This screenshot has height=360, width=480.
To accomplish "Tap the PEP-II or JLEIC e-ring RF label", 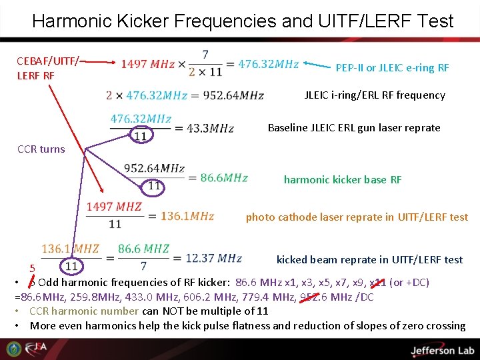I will click(392, 68).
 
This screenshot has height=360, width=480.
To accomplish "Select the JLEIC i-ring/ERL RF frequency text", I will click(375, 95).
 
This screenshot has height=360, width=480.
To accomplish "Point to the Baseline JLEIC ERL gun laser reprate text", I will click(354, 127).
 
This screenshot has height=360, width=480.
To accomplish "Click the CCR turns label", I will click(41, 149).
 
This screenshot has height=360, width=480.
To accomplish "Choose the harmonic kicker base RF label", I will click(343, 179).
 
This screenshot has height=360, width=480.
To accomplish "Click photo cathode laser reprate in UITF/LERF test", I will click(357, 217).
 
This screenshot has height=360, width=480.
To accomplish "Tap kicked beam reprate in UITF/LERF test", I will click(369, 259).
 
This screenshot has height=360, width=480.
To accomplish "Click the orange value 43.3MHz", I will click(211, 128).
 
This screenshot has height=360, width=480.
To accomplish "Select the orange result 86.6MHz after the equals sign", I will click(224, 178).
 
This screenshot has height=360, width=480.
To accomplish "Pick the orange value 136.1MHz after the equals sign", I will click(187, 216).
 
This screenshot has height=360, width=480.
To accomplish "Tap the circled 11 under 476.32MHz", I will click(140, 136).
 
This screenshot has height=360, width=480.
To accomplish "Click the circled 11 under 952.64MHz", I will click(154, 185).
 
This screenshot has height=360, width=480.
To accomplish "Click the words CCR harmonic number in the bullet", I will click(85, 311).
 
